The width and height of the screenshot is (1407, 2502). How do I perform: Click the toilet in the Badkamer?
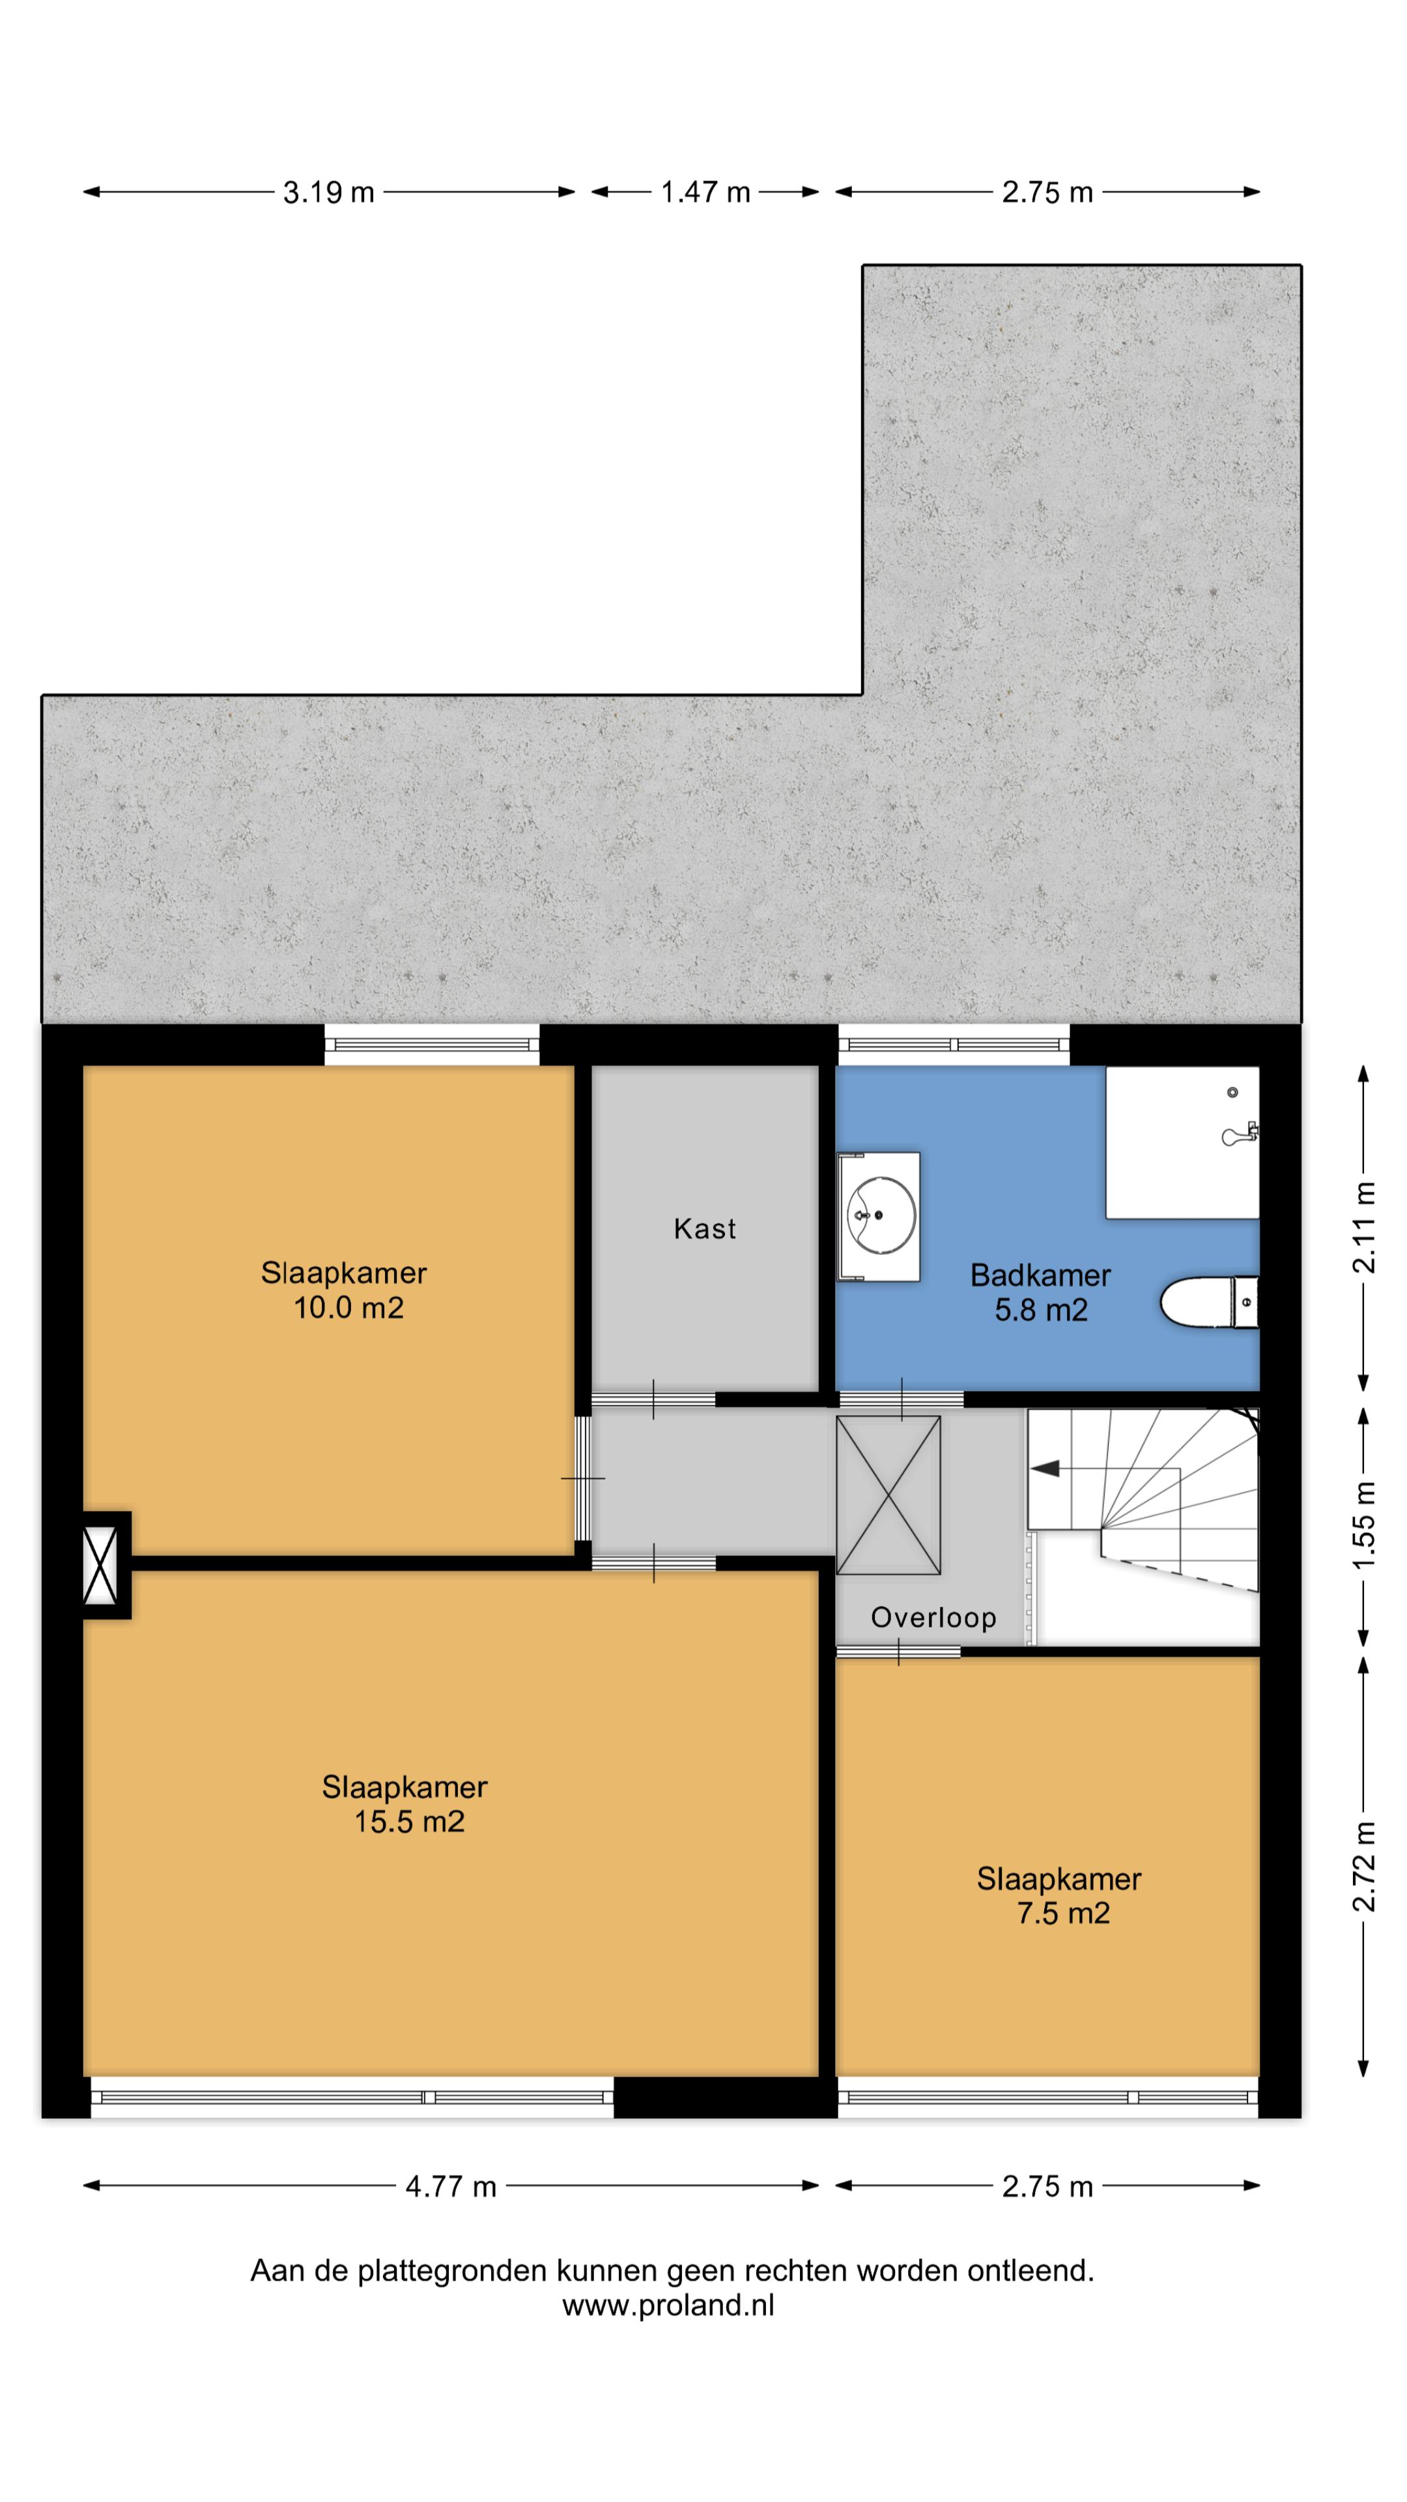point(1209,1302)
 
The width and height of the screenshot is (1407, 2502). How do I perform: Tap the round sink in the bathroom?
point(881,1215)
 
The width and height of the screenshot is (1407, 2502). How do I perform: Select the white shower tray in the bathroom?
point(1182,1142)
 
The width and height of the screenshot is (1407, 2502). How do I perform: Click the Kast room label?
point(705,1229)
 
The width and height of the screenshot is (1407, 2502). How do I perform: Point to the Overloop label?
point(933,1617)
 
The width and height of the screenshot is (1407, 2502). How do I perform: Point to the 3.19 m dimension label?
point(328,192)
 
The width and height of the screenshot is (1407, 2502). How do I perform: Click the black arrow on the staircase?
point(1045,1469)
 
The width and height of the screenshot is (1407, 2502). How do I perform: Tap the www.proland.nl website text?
point(668,2305)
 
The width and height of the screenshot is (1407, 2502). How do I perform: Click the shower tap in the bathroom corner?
point(1240,1134)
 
